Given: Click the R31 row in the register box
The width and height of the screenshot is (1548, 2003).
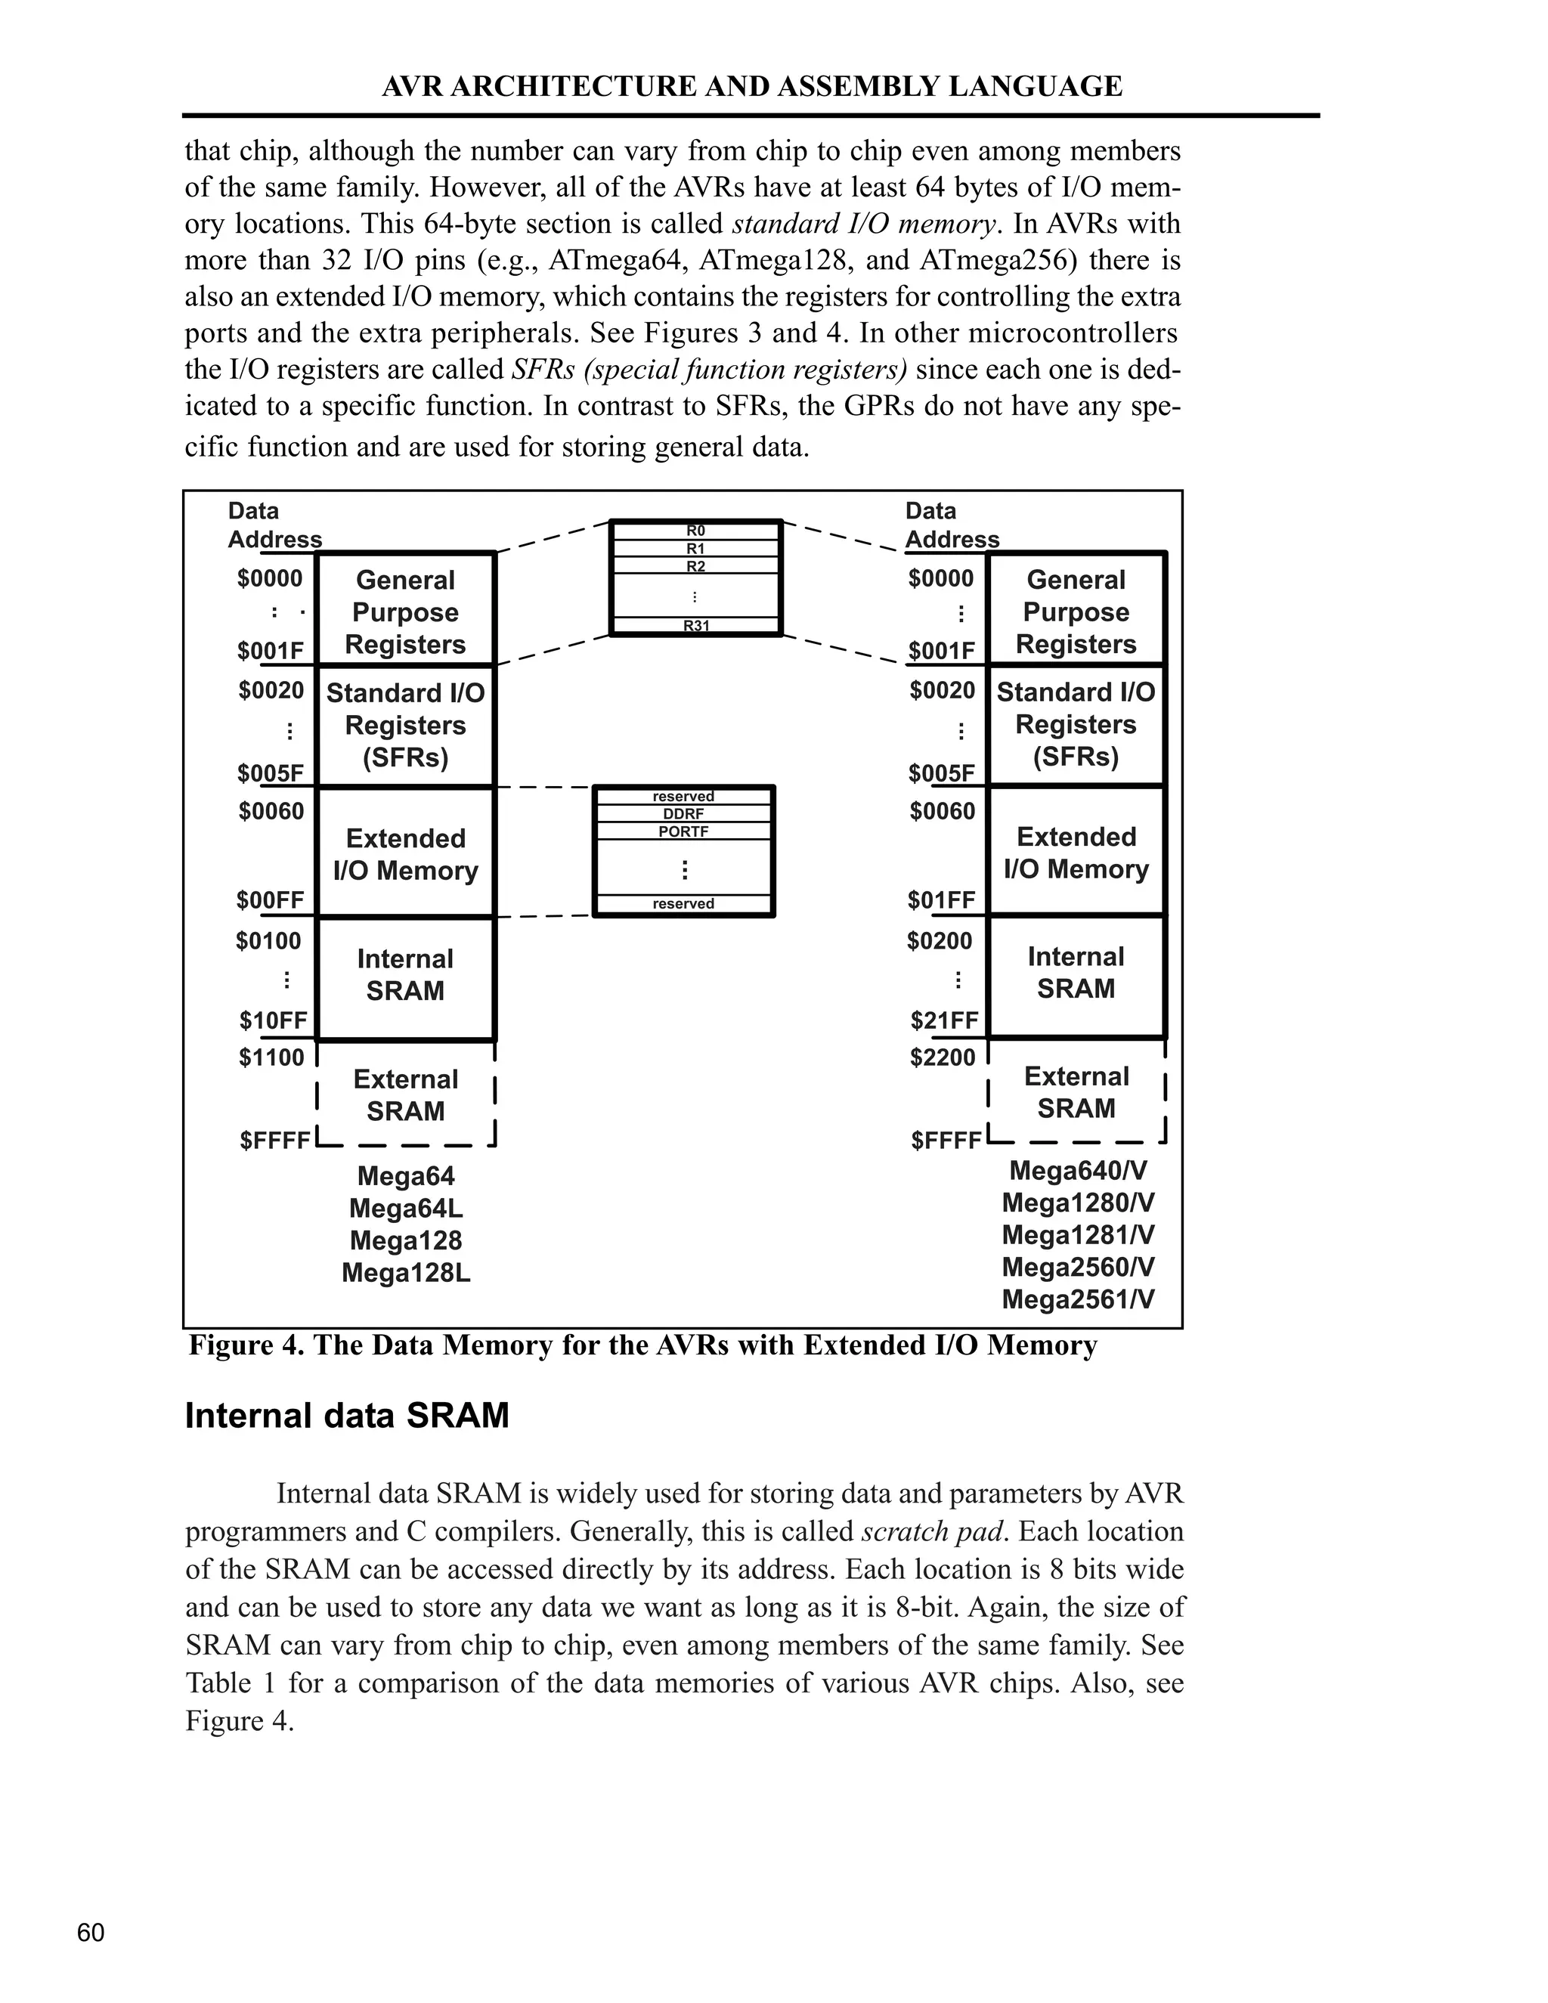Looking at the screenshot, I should [x=696, y=627].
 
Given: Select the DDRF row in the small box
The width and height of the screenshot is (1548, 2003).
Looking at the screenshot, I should [x=683, y=813].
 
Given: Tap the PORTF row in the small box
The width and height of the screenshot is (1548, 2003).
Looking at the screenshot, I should [x=683, y=831].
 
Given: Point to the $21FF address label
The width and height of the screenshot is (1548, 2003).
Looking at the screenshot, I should [x=943, y=1020].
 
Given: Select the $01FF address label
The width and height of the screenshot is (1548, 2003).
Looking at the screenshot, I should [x=942, y=901].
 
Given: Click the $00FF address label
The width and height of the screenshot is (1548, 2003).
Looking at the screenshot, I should [x=271, y=901].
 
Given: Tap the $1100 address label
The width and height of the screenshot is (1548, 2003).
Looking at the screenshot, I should [x=271, y=1057].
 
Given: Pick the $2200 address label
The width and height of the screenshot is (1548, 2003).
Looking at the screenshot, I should [x=943, y=1057].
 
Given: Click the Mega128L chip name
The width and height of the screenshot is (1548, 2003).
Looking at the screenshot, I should [x=405, y=1273].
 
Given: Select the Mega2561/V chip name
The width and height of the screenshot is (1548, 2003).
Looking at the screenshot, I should [x=1078, y=1299].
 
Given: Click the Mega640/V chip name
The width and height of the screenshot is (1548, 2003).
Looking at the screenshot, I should [x=1078, y=1171].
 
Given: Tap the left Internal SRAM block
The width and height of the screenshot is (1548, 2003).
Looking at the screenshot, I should [x=405, y=975].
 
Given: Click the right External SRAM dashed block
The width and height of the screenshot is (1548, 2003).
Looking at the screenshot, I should [x=1076, y=1092].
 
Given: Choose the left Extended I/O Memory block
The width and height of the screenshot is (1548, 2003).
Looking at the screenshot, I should [x=405, y=854].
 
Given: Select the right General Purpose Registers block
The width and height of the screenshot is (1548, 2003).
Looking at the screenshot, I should [x=1076, y=611].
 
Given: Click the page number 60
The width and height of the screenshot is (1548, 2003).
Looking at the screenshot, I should [x=91, y=1933].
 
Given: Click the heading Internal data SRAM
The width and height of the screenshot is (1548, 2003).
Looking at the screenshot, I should [x=347, y=1415].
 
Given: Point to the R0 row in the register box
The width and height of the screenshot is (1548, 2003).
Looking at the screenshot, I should [x=696, y=530].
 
